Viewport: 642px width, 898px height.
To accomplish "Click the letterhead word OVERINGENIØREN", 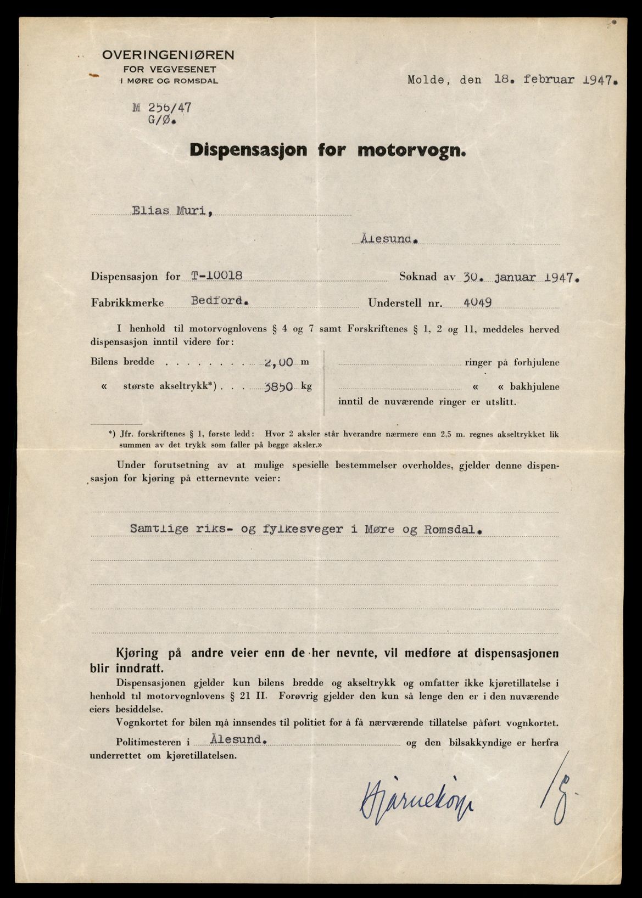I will click(x=168, y=55).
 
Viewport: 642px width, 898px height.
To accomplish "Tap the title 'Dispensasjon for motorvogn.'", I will click(x=328, y=150).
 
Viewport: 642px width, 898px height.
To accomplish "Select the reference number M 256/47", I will click(x=162, y=108).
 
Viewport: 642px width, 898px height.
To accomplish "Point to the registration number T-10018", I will click(x=216, y=276).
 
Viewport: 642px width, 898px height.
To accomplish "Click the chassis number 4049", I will click(x=477, y=302).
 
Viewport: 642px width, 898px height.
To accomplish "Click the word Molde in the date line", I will click(x=426, y=80).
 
